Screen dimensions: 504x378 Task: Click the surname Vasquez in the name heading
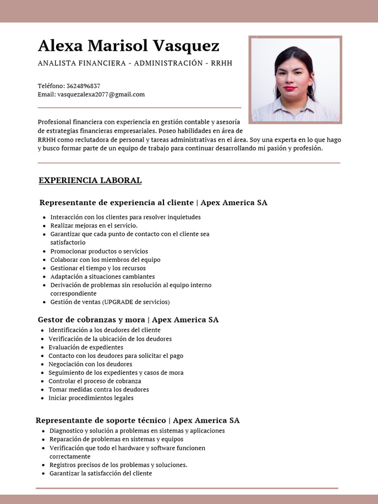pos(186,46)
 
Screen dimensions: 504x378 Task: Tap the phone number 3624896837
pos(83,86)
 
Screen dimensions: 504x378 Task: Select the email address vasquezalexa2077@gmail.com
pos(101,94)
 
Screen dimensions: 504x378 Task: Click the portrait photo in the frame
pos(295,80)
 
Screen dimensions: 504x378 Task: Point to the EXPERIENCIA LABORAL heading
pos(90,181)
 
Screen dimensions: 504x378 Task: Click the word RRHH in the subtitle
pos(221,63)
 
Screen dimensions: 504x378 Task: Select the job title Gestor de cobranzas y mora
pos(91,320)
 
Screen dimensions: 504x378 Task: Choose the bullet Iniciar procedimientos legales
pos(91,398)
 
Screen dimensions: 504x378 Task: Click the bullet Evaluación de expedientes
pos(86,347)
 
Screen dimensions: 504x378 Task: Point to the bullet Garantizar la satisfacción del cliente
pos(100,473)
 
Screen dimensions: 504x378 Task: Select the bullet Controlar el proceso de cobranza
pos(94,381)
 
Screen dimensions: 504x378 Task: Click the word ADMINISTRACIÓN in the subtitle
pos(161,63)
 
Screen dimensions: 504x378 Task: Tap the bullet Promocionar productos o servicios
pos(99,251)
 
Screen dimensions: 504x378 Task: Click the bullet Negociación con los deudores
pos(90,364)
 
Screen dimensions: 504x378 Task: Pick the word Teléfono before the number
pos(51,86)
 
